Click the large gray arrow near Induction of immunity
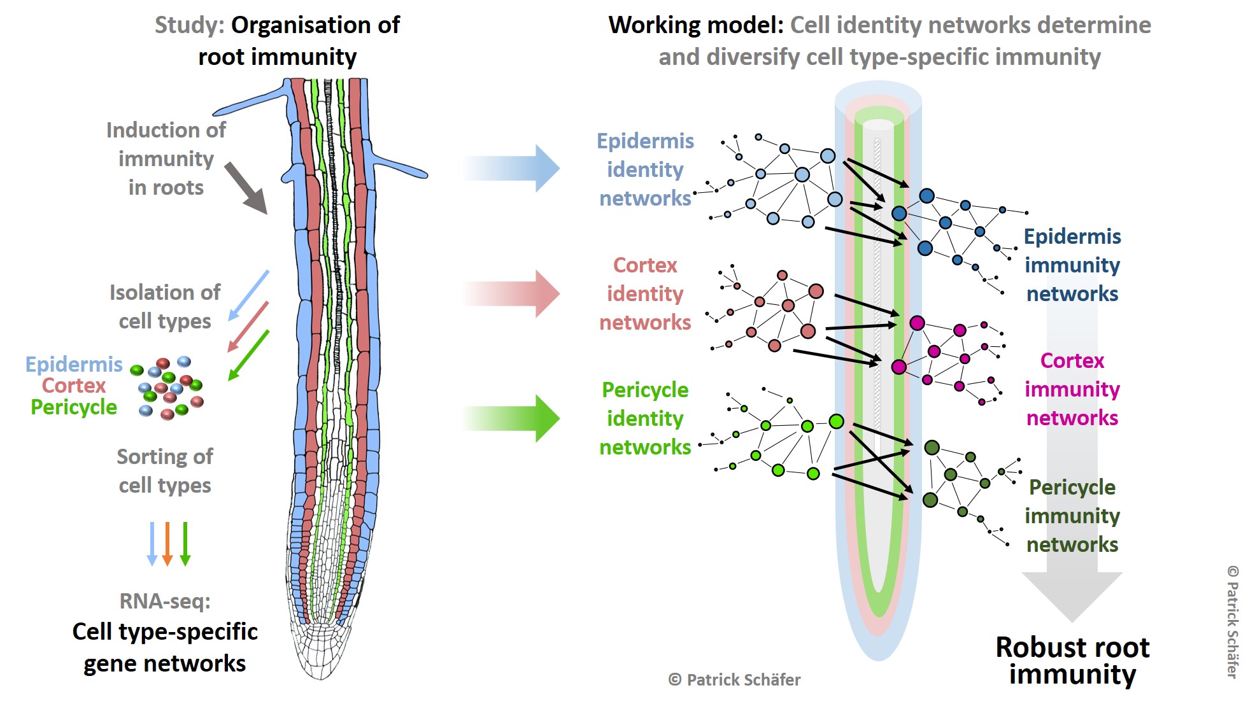[246, 188]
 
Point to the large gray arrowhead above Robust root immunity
[1072, 596]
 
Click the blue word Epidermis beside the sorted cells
[74, 364]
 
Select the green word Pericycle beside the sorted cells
[74, 407]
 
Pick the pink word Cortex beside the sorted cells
[74, 385]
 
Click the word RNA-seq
[165, 601]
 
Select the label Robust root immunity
[1072, 661]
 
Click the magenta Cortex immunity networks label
[1072, 389]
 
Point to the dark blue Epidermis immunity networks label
[1072, 265]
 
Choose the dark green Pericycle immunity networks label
[1072, 516]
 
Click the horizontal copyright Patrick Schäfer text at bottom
[734, 680]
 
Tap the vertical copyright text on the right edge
[1233, 622]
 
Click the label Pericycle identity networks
[645, 418]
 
